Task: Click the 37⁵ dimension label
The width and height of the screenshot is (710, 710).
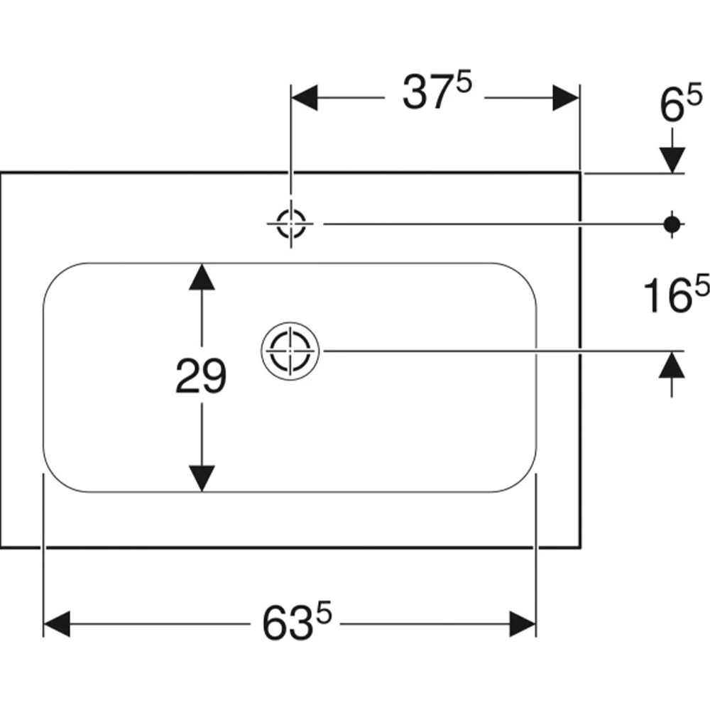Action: coord(437,91)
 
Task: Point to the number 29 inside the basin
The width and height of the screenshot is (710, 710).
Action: coord(201,376)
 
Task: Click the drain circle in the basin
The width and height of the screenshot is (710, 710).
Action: coord(290,351)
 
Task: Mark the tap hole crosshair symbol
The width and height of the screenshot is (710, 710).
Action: coord(290,224)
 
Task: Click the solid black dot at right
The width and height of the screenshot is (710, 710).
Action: coord(672,224)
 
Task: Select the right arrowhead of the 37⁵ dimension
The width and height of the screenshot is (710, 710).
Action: coord(566,97)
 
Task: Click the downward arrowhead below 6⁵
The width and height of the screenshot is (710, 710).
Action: coord(672,160)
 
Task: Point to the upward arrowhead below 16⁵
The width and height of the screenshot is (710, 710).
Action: coord(672,365)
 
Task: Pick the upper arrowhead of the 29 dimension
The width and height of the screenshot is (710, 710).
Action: coord(202,277)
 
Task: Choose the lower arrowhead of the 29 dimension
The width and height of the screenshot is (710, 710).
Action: coord(202,479)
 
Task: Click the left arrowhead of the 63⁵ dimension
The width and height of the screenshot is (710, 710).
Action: coord(57,624)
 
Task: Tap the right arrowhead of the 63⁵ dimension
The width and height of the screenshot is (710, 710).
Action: coord(523,624)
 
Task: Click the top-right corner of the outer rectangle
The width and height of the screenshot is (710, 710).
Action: coord(580,173)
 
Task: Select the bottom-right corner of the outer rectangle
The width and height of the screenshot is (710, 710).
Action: coord(580,547)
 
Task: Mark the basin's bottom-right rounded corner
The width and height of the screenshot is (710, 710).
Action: coord(524,479)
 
